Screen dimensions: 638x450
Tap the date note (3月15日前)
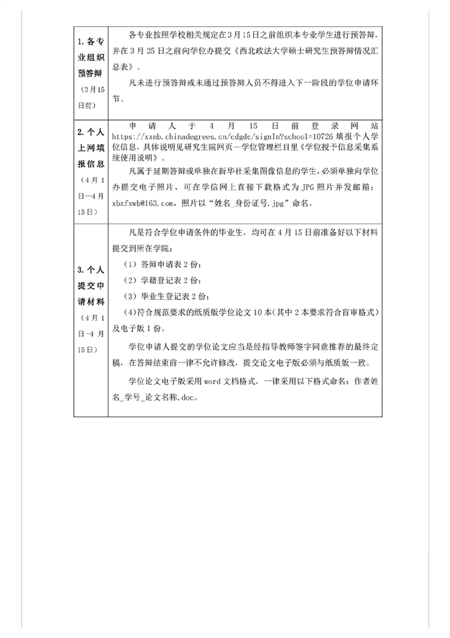90,98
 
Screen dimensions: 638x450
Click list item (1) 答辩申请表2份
162,265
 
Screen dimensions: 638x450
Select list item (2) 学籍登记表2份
162,281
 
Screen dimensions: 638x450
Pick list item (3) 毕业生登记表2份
166,297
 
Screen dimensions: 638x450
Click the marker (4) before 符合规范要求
129,313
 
